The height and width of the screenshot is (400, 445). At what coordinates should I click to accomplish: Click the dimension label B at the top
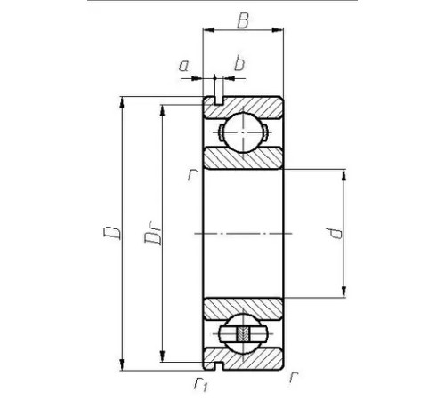pos(243,21)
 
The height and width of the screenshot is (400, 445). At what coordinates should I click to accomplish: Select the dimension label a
pos(184,66)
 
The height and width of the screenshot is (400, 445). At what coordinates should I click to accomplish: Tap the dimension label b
pos(239,64)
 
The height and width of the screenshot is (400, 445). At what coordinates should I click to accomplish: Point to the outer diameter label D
pos(112,233)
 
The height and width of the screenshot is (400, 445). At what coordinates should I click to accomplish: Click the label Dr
pos(153,235)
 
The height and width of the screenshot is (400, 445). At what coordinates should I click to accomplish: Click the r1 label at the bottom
pos(201,384)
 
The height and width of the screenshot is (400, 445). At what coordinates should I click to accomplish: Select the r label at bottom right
pos(294,377)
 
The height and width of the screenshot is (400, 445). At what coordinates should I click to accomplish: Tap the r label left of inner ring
pos(192,174)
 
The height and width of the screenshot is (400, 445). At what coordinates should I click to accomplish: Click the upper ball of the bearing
pos(243,132)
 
